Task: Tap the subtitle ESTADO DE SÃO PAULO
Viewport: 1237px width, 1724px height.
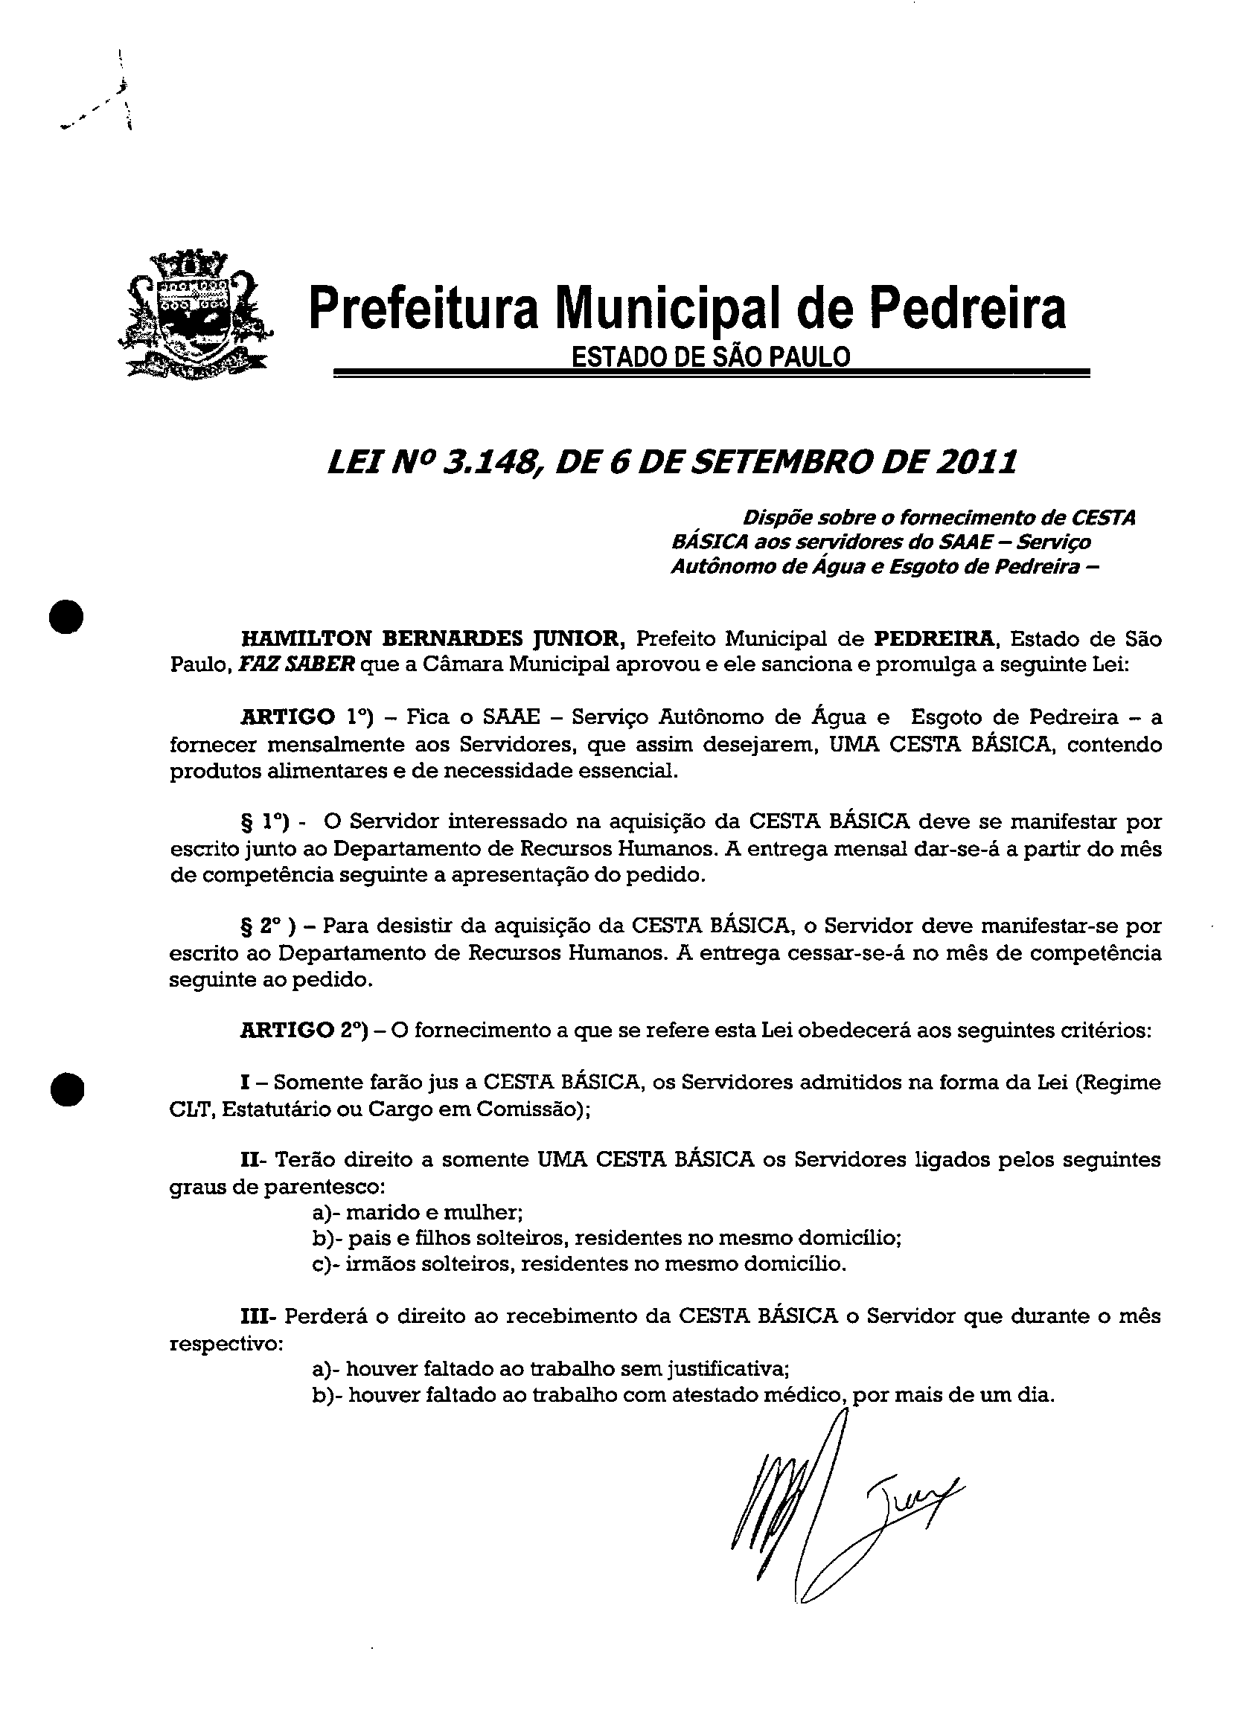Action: tap(710, 356)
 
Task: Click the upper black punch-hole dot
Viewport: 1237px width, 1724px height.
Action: tap(66, 616)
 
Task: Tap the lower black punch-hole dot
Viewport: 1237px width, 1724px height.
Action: tap(66, 1089)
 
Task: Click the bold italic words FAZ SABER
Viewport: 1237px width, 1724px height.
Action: tap(296, 664)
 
